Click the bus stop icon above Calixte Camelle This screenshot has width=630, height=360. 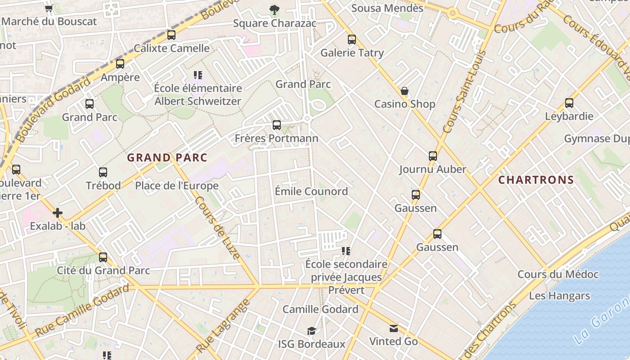(171, 35)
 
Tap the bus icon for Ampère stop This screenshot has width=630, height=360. (120, 64)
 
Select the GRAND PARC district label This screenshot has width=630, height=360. (167, 157)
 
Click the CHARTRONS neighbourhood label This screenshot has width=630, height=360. (536, 180)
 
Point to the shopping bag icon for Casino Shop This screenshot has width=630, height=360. (405, 91)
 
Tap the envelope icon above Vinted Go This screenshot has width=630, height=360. (394, 328)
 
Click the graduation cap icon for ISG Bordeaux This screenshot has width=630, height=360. (311, 331)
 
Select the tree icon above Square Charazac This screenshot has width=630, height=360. (274, 10)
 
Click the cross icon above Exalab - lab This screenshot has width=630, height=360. (58, 213)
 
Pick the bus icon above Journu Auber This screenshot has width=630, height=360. (432, 156)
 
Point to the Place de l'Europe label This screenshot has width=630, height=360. (177, 185)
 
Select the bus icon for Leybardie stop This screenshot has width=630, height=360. (569, 103)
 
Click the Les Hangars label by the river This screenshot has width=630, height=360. (559, 296)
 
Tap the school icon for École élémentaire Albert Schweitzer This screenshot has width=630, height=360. (198, 75)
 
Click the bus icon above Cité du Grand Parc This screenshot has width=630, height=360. (103, 257)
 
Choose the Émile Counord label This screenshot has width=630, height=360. (311, 191)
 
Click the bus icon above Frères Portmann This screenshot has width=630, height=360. (276, 125)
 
